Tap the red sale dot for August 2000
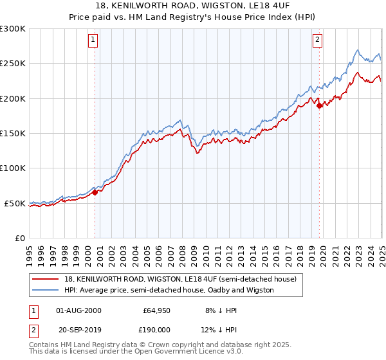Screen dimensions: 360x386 point(95,192)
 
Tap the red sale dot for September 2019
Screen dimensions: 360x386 point(320,106)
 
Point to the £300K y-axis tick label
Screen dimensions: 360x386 point(13,29)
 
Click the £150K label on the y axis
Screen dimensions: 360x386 point(13,134)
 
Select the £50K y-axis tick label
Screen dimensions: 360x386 point(15,203)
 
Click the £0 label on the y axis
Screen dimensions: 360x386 point(20,239)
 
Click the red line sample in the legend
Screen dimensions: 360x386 point(46,280)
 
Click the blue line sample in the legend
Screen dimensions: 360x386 point(46,290)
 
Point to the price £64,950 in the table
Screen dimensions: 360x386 point(156,310)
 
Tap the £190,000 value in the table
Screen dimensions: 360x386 point(156,330)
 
